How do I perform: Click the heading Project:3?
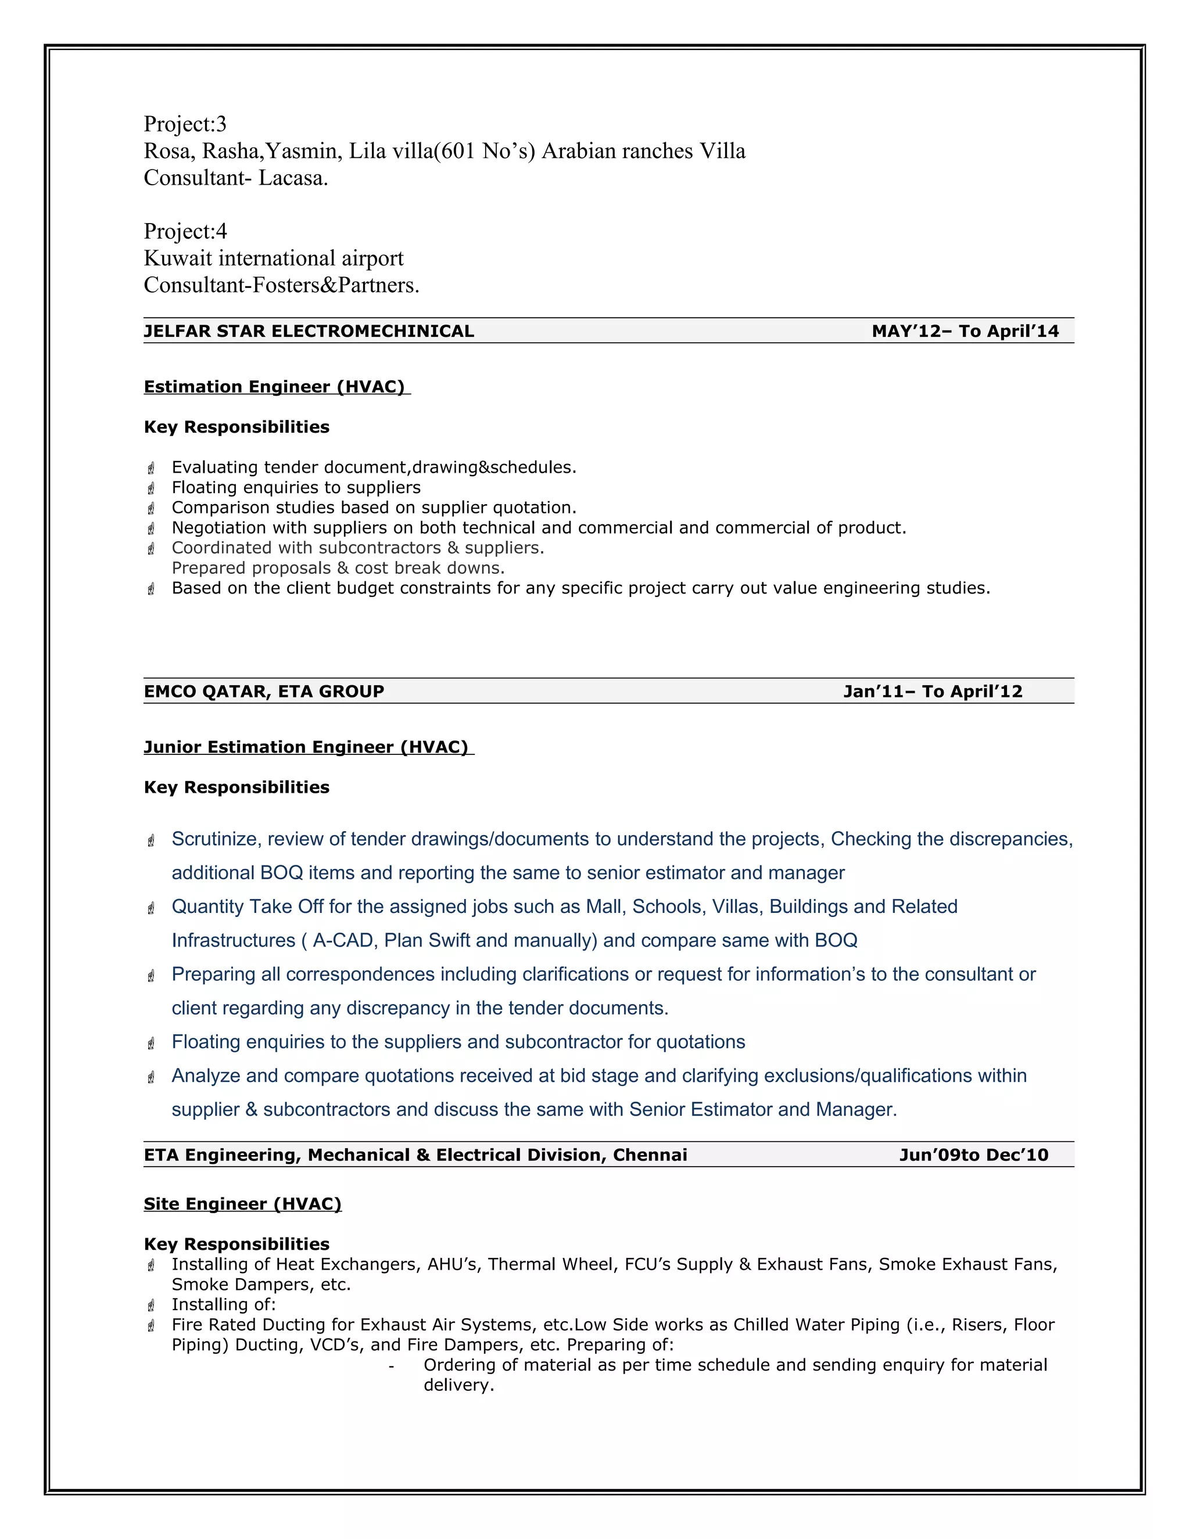coord(185,124)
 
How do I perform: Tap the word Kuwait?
coord(178,258)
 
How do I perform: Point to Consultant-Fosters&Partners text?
coord(281,285)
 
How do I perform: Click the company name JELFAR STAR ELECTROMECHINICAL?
coord(309,331)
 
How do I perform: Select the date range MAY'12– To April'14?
coord(965,331)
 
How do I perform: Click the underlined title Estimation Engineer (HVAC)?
coord(274,387)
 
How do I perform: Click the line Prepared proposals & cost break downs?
coord(338,568)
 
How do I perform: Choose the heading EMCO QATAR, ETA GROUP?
coord(264,691)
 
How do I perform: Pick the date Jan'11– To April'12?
coord(932,691)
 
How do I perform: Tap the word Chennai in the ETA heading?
coord(649,1155)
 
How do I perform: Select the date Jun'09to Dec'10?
coord(974,1155)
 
